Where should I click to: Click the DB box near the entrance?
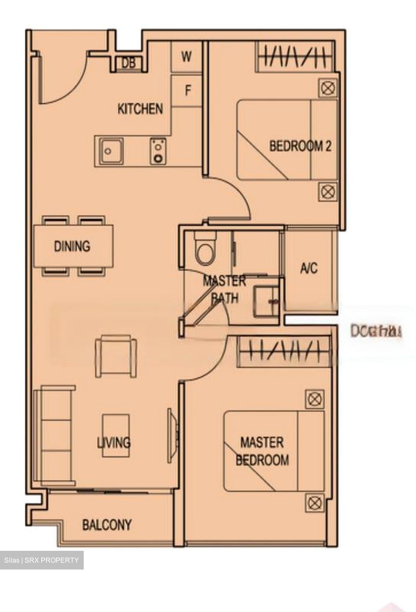129,63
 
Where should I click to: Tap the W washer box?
186,57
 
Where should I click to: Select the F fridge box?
187,91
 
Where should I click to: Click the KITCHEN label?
140,109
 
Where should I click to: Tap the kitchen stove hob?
158,152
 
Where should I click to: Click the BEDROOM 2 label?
300,146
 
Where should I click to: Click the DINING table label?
72,246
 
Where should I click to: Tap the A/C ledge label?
309,269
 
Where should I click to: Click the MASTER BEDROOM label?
262,451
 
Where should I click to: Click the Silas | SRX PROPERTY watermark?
42,560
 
